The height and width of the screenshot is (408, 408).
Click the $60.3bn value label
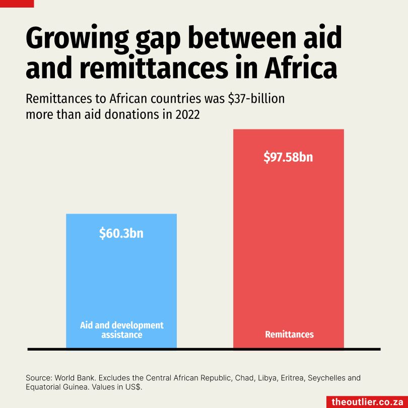121,234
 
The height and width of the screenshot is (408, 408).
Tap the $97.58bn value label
288,157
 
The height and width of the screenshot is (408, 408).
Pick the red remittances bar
288,242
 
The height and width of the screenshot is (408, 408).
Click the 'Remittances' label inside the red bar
289,334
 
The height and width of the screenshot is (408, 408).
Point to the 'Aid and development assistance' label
121,330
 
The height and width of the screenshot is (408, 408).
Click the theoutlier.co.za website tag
367,401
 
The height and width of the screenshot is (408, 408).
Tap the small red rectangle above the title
17,3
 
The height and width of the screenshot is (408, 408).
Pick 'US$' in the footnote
133,387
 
